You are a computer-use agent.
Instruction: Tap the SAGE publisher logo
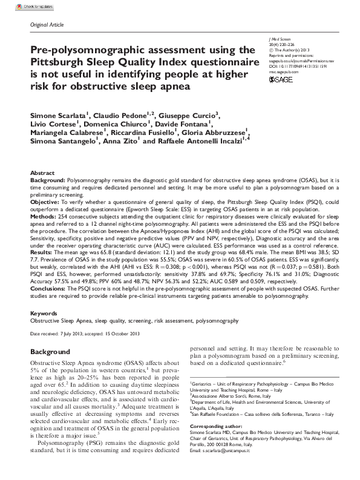(281, 79)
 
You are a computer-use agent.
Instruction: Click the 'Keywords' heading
(44, 314)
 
